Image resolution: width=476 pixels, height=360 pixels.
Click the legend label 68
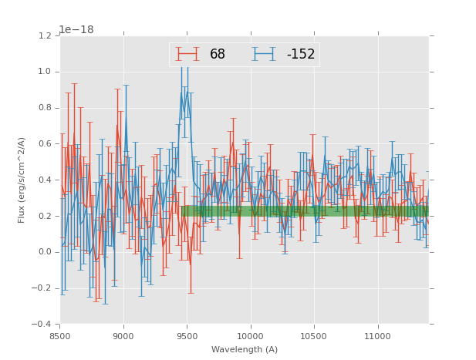(x=218, y=54)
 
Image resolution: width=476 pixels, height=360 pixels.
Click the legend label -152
(x=300, y=54)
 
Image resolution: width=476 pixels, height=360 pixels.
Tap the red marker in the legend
(x=187, y=54)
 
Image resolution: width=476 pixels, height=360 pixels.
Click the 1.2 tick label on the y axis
(x=44, y=35)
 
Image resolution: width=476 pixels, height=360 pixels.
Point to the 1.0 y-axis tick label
(x=44, y=72)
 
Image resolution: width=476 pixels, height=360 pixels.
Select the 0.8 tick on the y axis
(x=44, y=108)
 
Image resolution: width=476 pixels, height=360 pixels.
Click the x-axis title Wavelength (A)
(x=245, y=349)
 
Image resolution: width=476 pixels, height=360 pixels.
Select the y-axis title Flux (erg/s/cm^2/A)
(x=22, y=180)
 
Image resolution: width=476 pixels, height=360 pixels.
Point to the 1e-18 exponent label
(x=76, y=29)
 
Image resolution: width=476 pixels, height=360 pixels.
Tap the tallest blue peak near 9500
(x=184, y=67)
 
